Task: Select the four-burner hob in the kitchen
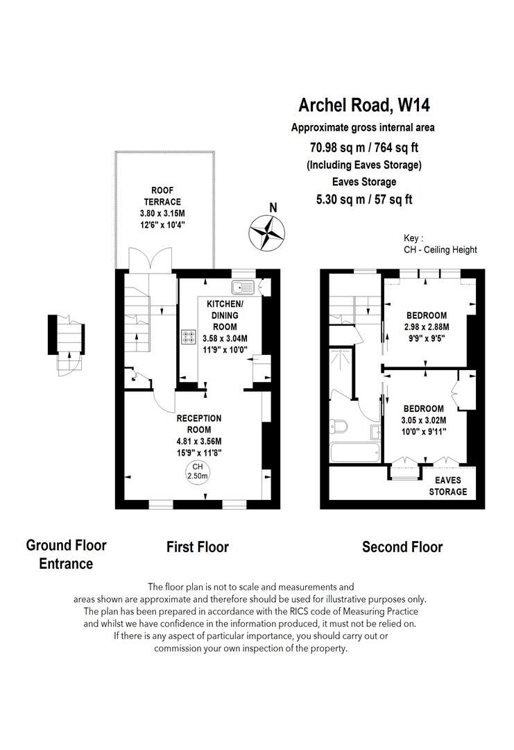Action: point(188,337)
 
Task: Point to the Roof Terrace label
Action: point(163,196)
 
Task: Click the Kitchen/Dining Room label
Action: point(226,315)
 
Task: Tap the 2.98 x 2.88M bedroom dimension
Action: point(427,326)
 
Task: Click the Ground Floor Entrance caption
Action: point(66,554)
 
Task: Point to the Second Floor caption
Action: point(402,547)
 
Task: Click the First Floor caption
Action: point(198,547)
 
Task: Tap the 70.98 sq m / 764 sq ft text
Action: point(363,147)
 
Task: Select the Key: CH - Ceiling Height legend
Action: point(440,244)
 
